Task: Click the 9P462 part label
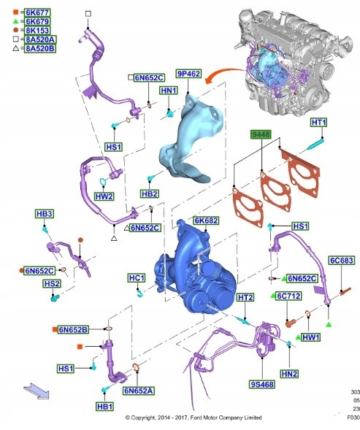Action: [x=188, y=74]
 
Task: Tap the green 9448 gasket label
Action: [x=261, y=134]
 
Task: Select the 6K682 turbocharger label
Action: [x=207, y=220]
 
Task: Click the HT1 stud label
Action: [x=319, y=123]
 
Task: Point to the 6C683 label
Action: [x=341, y=260]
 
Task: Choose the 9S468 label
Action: [x=262, y=385]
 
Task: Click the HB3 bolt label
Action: [x=45, y=214]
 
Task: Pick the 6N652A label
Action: [x=138, y=391]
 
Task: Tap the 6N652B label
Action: [x=73, y=329]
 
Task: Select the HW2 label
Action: [x=104, y=196]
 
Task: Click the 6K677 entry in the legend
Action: [x=37, y=12]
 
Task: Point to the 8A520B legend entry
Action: [x=40, y=48]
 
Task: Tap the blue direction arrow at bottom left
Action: [x=37, y=391]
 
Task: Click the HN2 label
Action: [x=289, y=374]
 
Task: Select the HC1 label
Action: [x=137, y=278]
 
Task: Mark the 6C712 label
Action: [x=288, y=296]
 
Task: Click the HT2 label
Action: [x=245, y=297]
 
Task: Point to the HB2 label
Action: [x=150, y=194]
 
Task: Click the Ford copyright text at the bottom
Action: [x=194, y=418]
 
